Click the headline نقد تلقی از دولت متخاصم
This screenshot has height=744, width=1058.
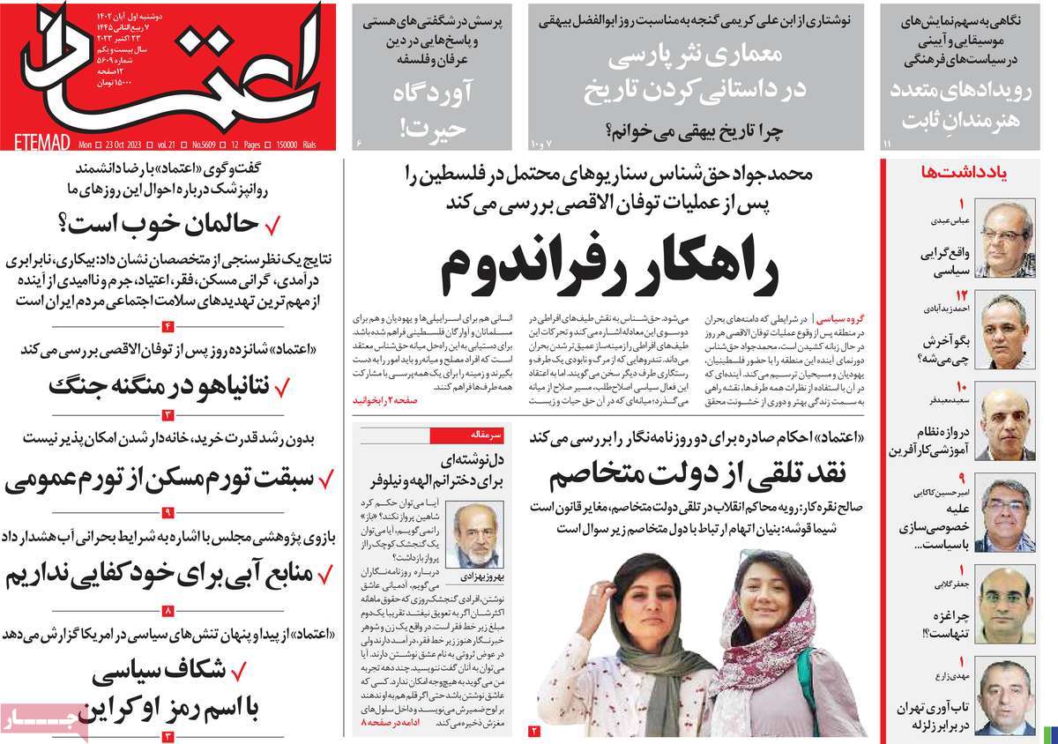697,475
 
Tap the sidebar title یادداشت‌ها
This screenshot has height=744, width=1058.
968,172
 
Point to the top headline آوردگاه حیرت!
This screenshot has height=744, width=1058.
438,111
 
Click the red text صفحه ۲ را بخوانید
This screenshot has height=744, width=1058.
385,399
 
